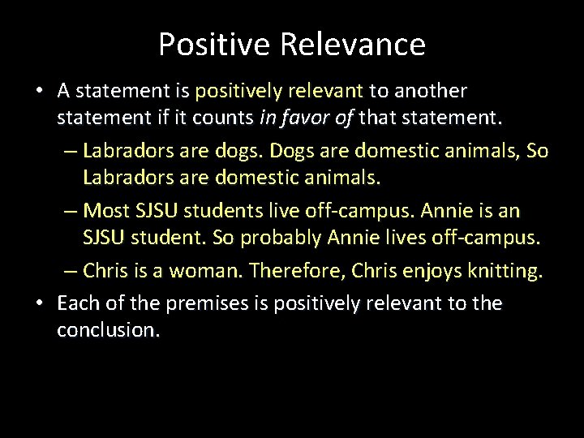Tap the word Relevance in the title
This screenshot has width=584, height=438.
pos(352,45)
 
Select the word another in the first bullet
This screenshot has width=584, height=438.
pos(431,91)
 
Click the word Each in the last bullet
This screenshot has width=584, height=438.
pos(77,303)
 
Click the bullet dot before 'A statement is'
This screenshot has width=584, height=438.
pos(40,91)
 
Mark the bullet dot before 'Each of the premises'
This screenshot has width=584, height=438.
pos(40,303)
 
